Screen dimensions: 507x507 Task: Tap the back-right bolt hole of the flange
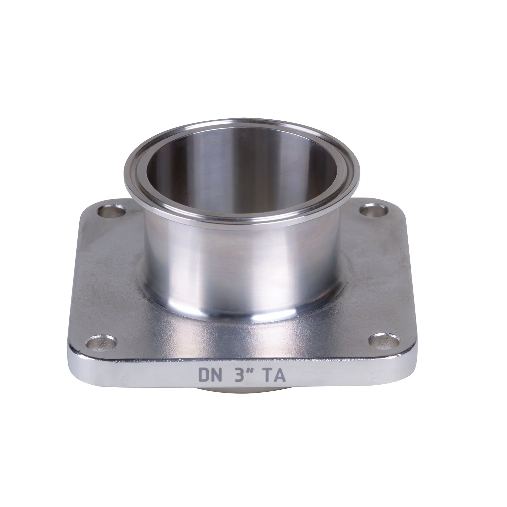click(374, 210)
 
